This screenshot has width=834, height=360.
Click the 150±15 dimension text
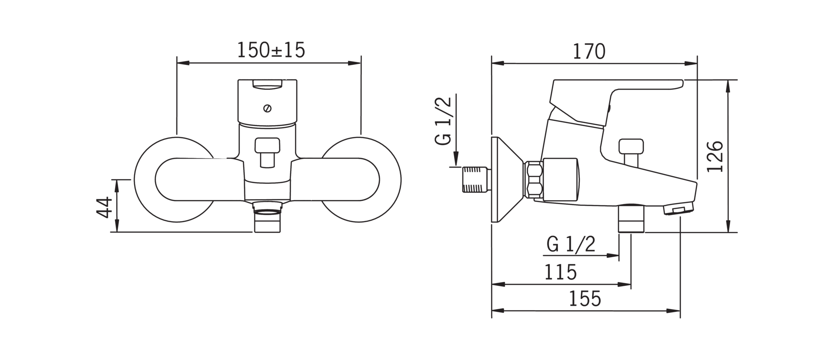(271, 50)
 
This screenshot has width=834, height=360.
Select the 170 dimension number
(589, 51)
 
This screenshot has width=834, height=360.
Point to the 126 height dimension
(715, 156)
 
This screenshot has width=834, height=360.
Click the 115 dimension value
(560, 272)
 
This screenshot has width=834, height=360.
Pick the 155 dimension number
(585, 299)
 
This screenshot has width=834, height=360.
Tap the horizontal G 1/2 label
(571, 245)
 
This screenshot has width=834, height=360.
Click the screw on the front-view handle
(268, 109)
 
